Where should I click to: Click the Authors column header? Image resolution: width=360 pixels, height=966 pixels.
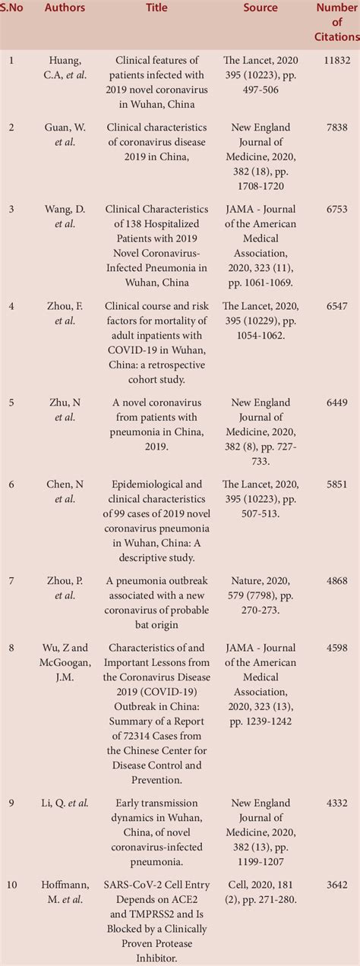pyautogui.click(x=65, y=8)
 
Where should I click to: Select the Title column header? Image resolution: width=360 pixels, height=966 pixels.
pyautogui.click(x=157, y=8)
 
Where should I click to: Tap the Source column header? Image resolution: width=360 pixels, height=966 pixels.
pyautogui.click(x=261, y=8)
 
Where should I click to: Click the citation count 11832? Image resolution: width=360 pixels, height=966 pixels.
pyautogui.click(x=336, y=59)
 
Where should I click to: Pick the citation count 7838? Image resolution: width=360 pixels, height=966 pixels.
pyautogui.click(x=336, y=127)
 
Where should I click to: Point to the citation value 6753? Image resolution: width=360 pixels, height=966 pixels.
pyautogui.click(x=336, y=210)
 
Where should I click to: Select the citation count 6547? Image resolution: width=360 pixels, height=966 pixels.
pyautogui.click(x=336, y=307)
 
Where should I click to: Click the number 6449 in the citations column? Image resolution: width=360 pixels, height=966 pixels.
pyautogui.click(x=336, y=403)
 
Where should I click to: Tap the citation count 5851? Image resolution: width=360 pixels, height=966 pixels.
pyautogui.click(x=336, y=485)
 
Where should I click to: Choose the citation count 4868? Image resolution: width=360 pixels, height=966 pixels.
pyautogui.click(x=336, y=581)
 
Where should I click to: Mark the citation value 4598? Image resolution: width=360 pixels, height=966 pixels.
pyautogui.click(x=336, y=648)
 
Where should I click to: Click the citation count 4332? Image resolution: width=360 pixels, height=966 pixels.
pyautogui.click(x=336, y=803)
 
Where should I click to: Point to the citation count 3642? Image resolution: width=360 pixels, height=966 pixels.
pyautogui.click(x=336, y=885)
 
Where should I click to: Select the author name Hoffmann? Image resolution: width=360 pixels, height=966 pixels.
pyautogui.click(x=65, y=885)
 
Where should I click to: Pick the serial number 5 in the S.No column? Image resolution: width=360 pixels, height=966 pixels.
pyautogui.click(x=11, y=403)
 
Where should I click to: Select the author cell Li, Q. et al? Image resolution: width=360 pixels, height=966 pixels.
pyautogui.click(x=65, y=803)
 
